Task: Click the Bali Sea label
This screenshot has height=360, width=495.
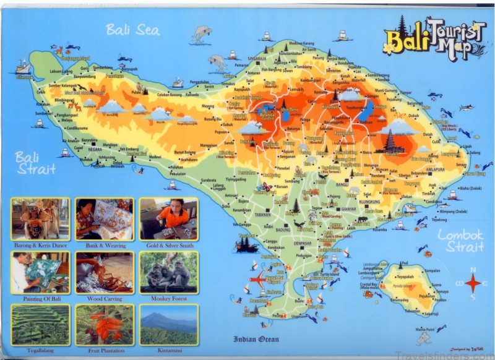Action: pos(132,29)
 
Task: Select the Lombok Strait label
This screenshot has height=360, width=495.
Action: pos(461,241)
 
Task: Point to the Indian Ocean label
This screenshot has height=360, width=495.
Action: pos(256,339)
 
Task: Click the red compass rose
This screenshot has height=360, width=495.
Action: pos(473,284)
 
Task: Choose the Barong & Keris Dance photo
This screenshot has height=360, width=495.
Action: pos(40,218)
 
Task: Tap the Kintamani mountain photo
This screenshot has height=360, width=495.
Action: pos(168,324)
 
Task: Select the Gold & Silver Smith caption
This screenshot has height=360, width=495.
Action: pos(168,246)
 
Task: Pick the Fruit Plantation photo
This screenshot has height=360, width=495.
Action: pos(104,324)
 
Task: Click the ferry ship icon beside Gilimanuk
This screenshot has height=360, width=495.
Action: pos(23,67)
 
